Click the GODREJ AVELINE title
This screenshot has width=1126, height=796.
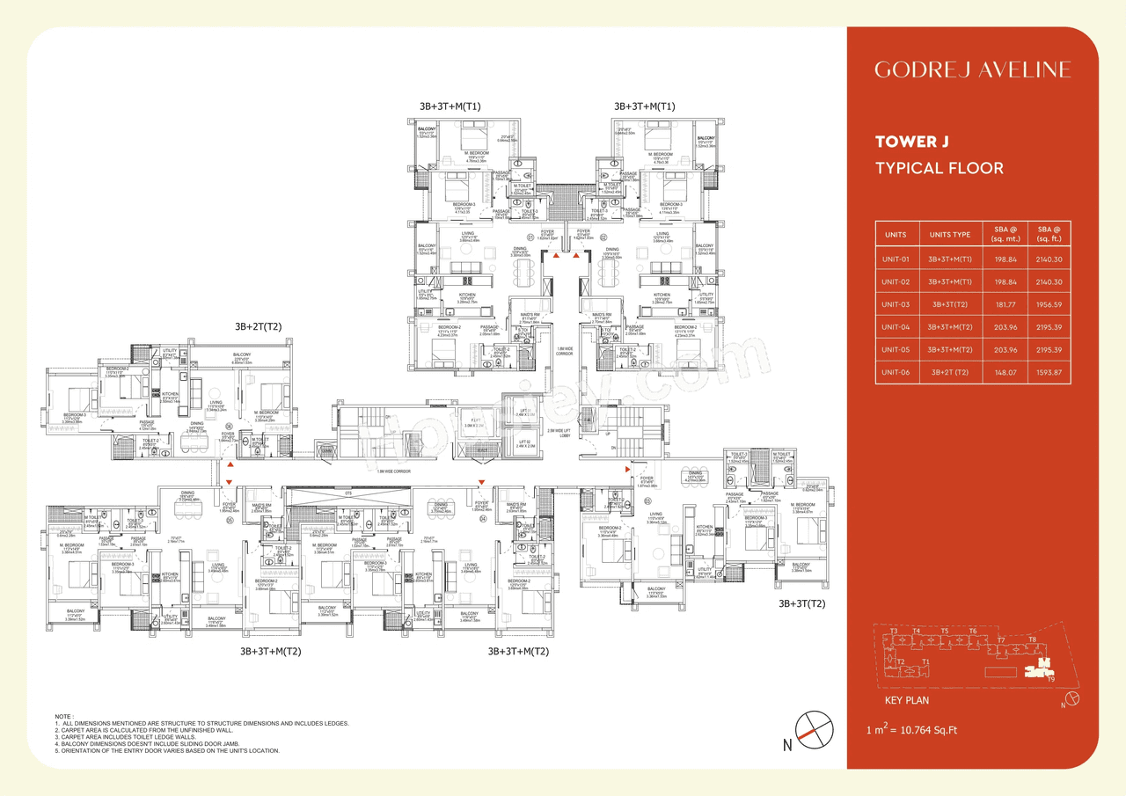972,69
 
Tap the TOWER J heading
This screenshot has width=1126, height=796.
911,141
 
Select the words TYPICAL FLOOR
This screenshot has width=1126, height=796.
939,168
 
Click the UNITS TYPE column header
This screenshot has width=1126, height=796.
950,235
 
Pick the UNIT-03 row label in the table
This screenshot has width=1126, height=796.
896,304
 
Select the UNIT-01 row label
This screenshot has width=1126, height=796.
896,259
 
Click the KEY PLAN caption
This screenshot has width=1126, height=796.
906,701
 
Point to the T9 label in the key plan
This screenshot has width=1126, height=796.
1051,678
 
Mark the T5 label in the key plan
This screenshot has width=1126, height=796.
944,631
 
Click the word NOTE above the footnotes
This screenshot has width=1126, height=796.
64,717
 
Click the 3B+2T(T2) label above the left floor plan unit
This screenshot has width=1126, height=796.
258,326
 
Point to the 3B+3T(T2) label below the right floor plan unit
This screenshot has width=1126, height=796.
801,604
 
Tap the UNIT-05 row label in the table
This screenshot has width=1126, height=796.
896,350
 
